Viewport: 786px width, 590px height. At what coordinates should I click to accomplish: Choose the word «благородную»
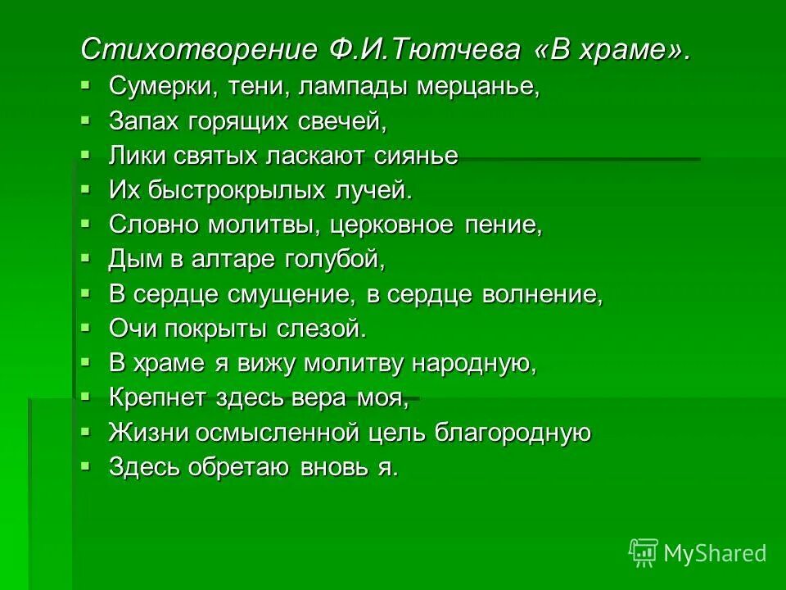coord(511,432)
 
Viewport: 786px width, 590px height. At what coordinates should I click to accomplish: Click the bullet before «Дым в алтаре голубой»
coord(86,258)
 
